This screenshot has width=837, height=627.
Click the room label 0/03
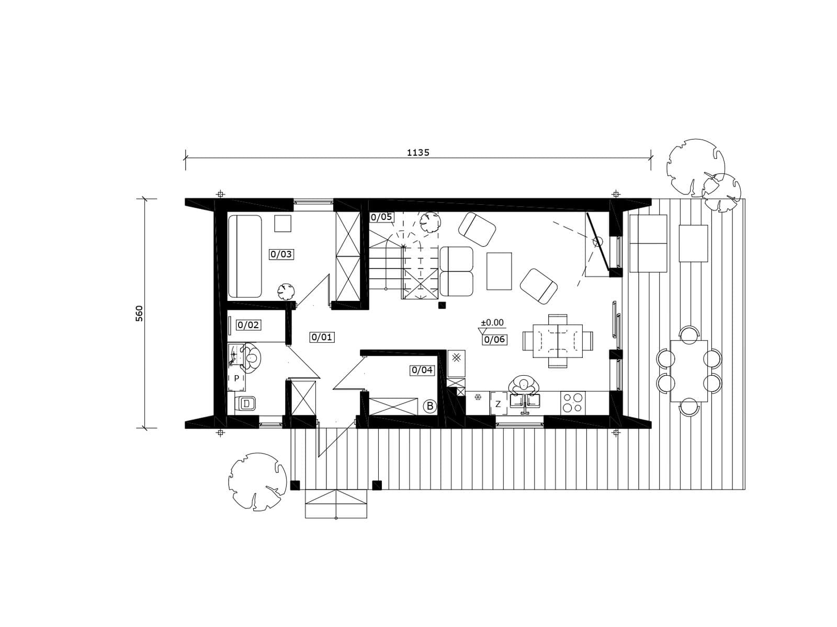(281, 254)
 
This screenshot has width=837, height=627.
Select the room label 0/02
(248, 324)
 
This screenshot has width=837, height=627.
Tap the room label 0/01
(322, 337)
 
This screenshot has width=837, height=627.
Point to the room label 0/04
(422, 370)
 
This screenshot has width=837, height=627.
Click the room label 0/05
(381, 217)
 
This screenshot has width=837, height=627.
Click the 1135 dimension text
(418, 153)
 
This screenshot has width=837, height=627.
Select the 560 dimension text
(139, 313)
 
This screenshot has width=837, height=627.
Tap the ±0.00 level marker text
(492, 323)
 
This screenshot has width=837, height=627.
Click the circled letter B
(430, 406)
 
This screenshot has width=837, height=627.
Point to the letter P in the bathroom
(237, 378)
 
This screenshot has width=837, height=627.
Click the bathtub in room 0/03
(245, 256)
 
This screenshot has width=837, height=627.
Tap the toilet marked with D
(245, 403)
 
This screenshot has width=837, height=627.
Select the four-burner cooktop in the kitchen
(573, 403)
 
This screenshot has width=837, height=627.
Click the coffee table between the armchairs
(499, 271)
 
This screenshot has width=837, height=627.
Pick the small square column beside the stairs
(442, 305)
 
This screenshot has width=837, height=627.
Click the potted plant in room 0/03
(286, 292)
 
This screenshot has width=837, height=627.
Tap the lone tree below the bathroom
(257, 481)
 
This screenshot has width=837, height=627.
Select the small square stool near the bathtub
(283, 224)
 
